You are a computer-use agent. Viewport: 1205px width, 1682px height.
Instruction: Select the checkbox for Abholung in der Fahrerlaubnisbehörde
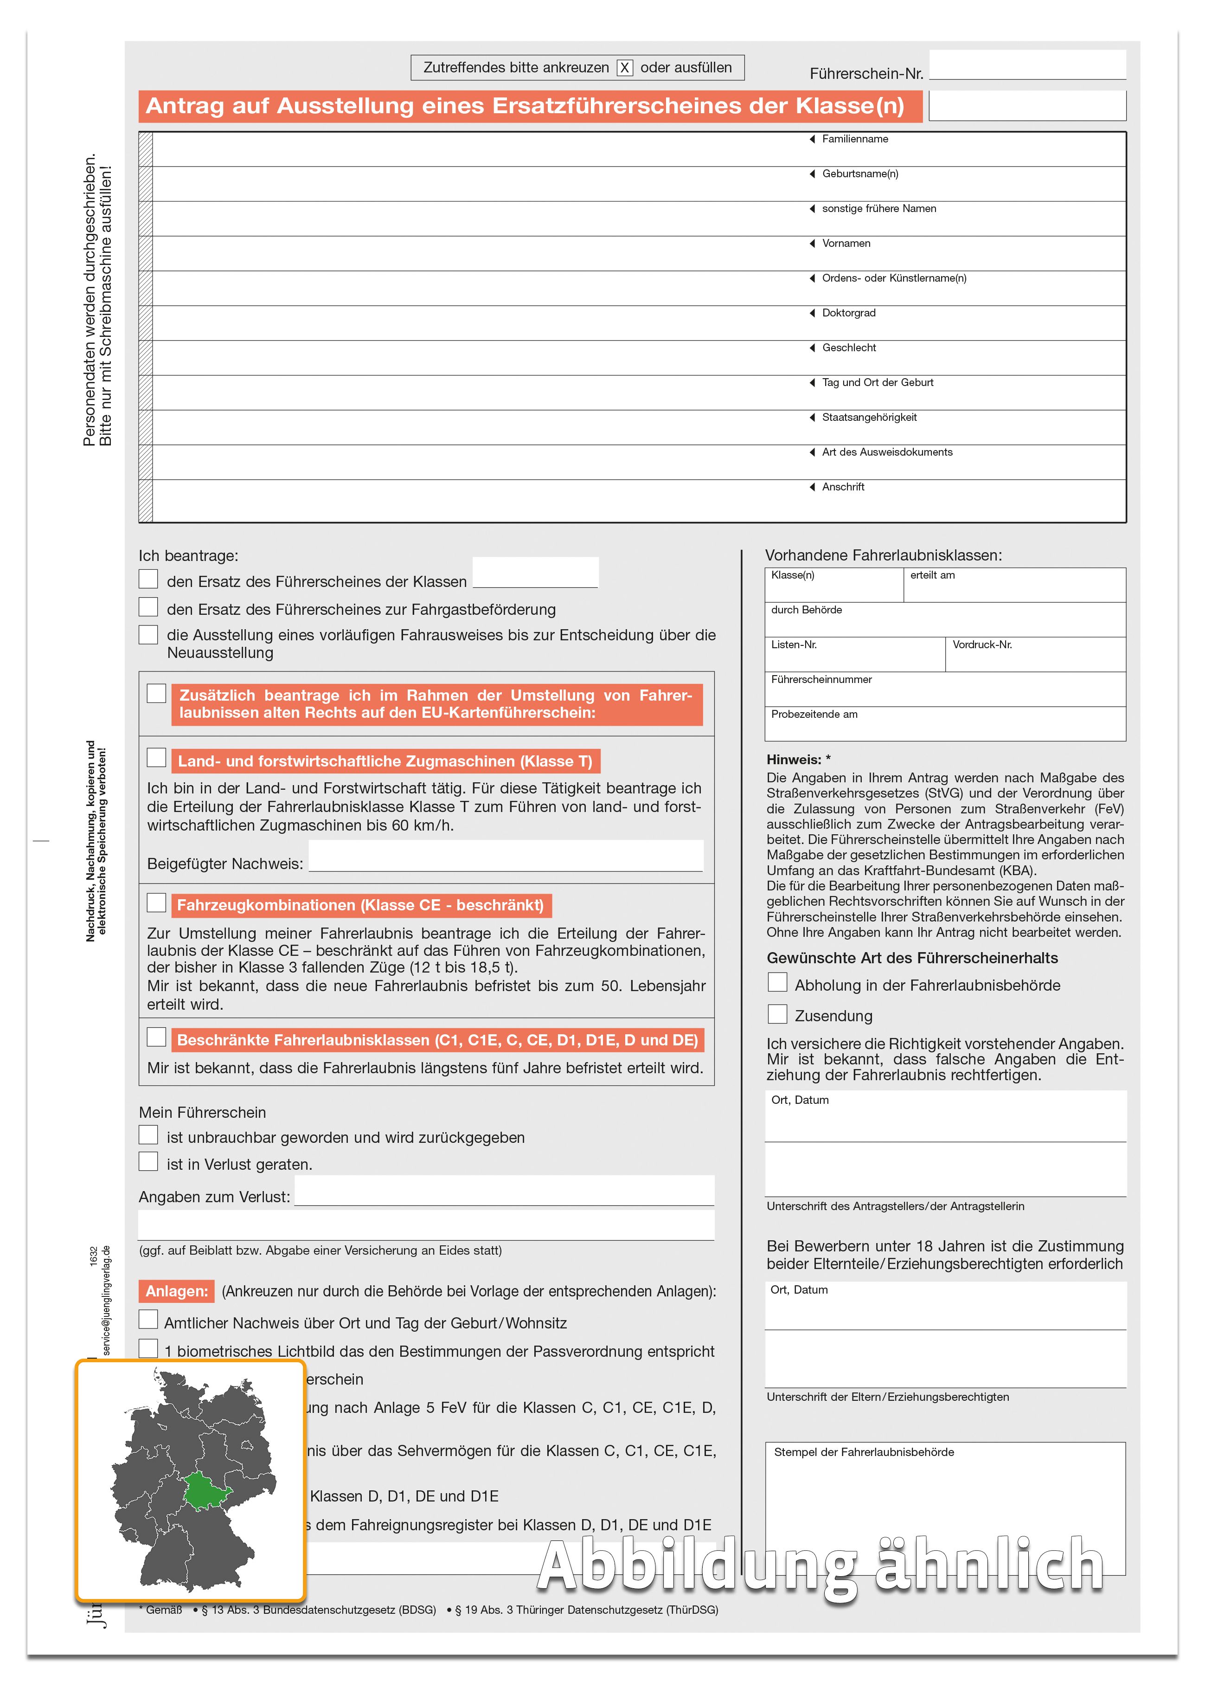[777, 983]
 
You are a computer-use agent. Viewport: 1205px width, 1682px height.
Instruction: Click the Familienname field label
[854, 139]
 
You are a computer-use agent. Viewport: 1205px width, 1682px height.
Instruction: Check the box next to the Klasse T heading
[156, 757]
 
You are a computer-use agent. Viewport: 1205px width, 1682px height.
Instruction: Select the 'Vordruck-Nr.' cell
[1035, 654]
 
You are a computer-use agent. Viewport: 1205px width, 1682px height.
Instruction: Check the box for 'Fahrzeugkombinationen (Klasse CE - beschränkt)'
[156, 902]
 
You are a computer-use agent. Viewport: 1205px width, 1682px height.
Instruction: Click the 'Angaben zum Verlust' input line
[504, 1191]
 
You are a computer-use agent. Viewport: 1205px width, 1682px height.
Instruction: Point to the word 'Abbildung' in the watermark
[696, 1566]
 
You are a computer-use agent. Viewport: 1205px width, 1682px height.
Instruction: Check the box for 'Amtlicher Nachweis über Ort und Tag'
[148, 1319]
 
